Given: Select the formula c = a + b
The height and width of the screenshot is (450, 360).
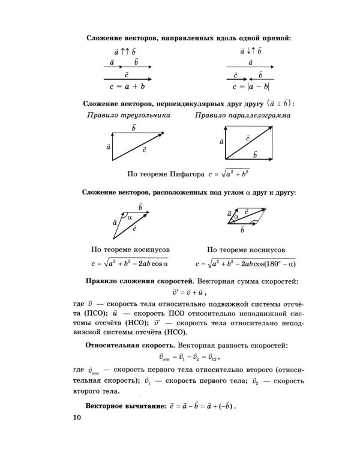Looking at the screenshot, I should tap(125, 86).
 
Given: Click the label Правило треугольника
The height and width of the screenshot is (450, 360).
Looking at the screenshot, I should tap(127, 115).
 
